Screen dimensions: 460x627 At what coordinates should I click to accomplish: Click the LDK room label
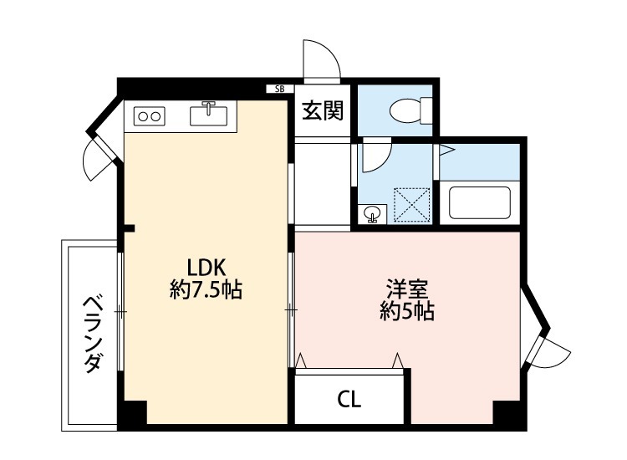tap(206, 268)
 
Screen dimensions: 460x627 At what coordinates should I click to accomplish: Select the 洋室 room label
tap(407, 290)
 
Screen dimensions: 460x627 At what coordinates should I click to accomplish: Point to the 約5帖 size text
tap(407, 313)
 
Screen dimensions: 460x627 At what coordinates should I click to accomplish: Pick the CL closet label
tap(349, 400)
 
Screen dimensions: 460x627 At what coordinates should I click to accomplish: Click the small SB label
tap(278, 88)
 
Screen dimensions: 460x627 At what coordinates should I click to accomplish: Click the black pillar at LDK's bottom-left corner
tap(131, 414)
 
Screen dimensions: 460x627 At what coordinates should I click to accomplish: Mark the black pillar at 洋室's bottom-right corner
tap(507, 414)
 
